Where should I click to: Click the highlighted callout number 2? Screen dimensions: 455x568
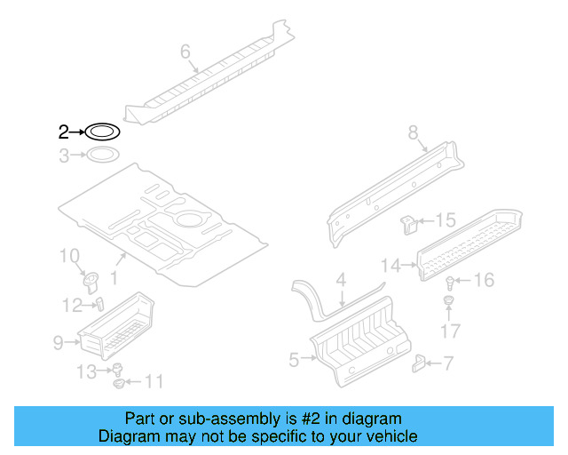coord(63,133)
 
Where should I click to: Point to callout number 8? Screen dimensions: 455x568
coord(413,133)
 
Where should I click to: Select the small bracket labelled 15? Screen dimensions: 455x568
coord(409,224)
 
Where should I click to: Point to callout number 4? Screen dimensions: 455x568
coord(341,280)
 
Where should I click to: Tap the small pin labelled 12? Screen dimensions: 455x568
coord(99,303)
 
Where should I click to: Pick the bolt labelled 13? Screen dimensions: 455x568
coord(116,370)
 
